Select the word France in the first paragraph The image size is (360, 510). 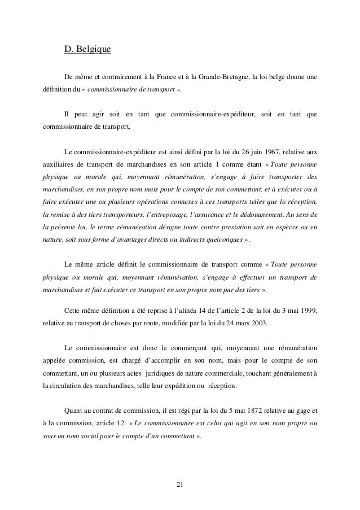pos(173,77)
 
